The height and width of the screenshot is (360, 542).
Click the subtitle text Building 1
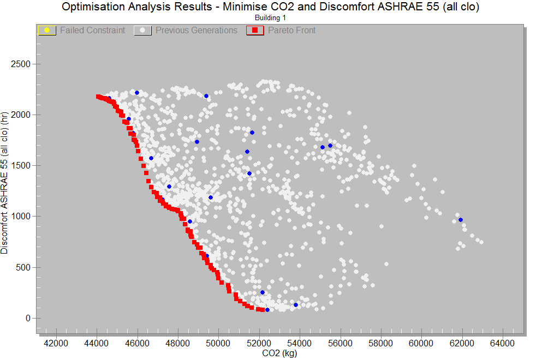tap(271, 18)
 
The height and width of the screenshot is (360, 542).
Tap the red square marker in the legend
tap(254, 30)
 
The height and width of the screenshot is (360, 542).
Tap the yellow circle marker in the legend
tap(47, 30)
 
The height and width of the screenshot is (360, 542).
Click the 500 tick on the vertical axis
tap(24, 267)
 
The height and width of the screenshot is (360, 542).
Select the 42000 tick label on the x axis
tap(56, 343)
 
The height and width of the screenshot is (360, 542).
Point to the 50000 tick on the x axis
tap(218, 343)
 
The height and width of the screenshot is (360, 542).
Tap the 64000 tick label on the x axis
tap(503, 343)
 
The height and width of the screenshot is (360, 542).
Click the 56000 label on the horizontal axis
tap(340, 343)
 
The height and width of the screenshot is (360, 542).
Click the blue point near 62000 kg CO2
tap(461, 220)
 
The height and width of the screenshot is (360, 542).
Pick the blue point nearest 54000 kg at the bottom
tap(296, 305)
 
